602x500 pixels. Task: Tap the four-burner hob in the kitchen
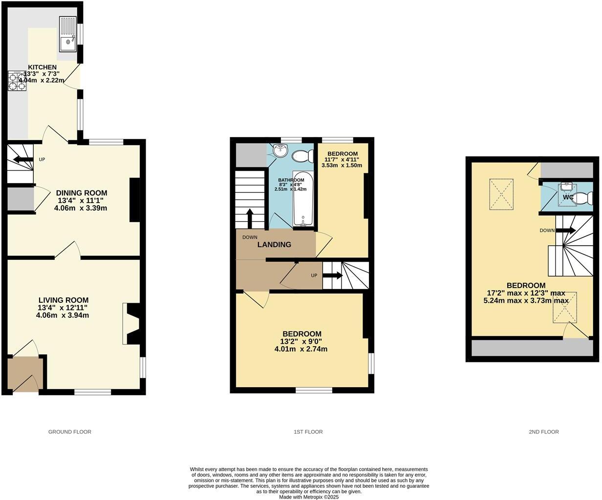tap(17, 81)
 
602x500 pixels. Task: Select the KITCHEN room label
tap(42, 67)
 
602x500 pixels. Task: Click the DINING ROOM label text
tap(81, 193)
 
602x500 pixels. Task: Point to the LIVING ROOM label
tap(63, 300)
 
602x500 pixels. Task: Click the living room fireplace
tap(132, 323)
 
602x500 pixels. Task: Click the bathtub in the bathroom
tap(303, 199)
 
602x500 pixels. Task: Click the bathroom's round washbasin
tap(280, 151)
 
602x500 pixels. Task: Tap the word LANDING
tap(274, 245)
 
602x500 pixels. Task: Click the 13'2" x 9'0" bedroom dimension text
tap(301, 342)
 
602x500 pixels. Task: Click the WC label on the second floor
tap(568, 197)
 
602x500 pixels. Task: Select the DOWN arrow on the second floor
tap(568, 230)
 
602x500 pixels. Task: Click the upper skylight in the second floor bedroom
tap(501, 194)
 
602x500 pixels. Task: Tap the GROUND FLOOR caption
tap(70, 432)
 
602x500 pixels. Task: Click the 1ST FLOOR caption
tap(308, 432)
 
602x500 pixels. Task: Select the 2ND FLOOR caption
tap(543, 432)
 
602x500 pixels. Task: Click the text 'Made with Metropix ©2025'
tap(309, 497)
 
